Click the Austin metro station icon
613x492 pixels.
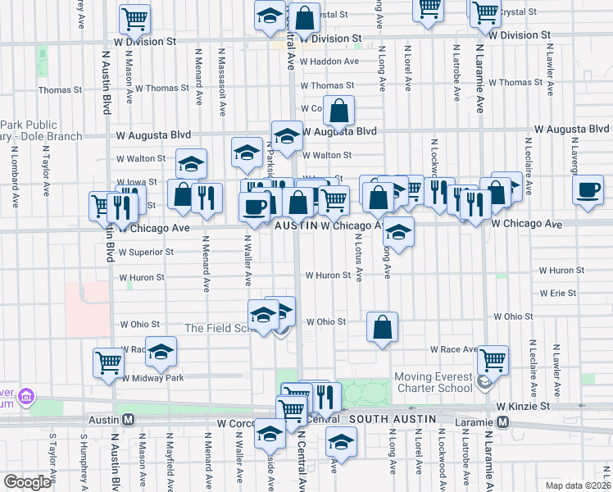click(129, 419)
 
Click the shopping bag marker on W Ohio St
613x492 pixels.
click(382, 327)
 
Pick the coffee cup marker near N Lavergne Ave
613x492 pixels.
click(588, 190)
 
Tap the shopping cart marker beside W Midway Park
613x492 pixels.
click(108, 362)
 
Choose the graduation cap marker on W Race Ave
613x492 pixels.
click(161, 351)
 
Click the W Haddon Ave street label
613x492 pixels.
click(329, 61)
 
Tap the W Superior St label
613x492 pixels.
click(147, 253)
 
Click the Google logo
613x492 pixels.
click(27, 482)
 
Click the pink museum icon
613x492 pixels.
click(27, 398)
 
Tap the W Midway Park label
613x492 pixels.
click(153, 378)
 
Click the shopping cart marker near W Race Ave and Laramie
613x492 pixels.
click(493, 359)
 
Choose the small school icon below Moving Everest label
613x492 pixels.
click(486, 382)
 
